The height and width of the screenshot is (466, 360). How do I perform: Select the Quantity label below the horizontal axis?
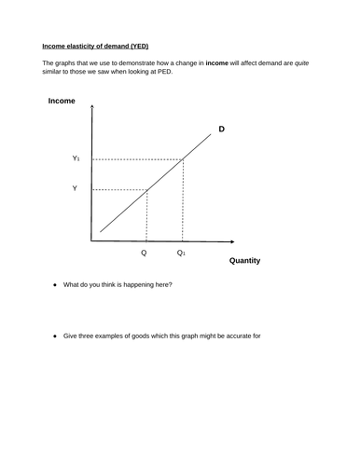[244, 261]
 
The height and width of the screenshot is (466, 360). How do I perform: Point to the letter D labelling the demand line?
[221, 128]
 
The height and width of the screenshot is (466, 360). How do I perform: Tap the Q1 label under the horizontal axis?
[182, 252]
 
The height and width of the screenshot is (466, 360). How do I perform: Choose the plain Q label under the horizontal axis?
[144, 252]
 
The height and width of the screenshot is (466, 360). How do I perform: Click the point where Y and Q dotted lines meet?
[146, 190]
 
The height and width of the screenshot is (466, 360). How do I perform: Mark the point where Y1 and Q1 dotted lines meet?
[183, 159]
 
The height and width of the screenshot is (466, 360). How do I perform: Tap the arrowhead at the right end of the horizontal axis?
[228, 240]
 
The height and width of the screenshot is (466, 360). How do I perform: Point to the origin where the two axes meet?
[90, 240]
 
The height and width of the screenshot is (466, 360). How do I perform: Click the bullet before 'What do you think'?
[55, 284]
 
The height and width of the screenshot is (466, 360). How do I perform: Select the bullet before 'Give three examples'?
[55, 335]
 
